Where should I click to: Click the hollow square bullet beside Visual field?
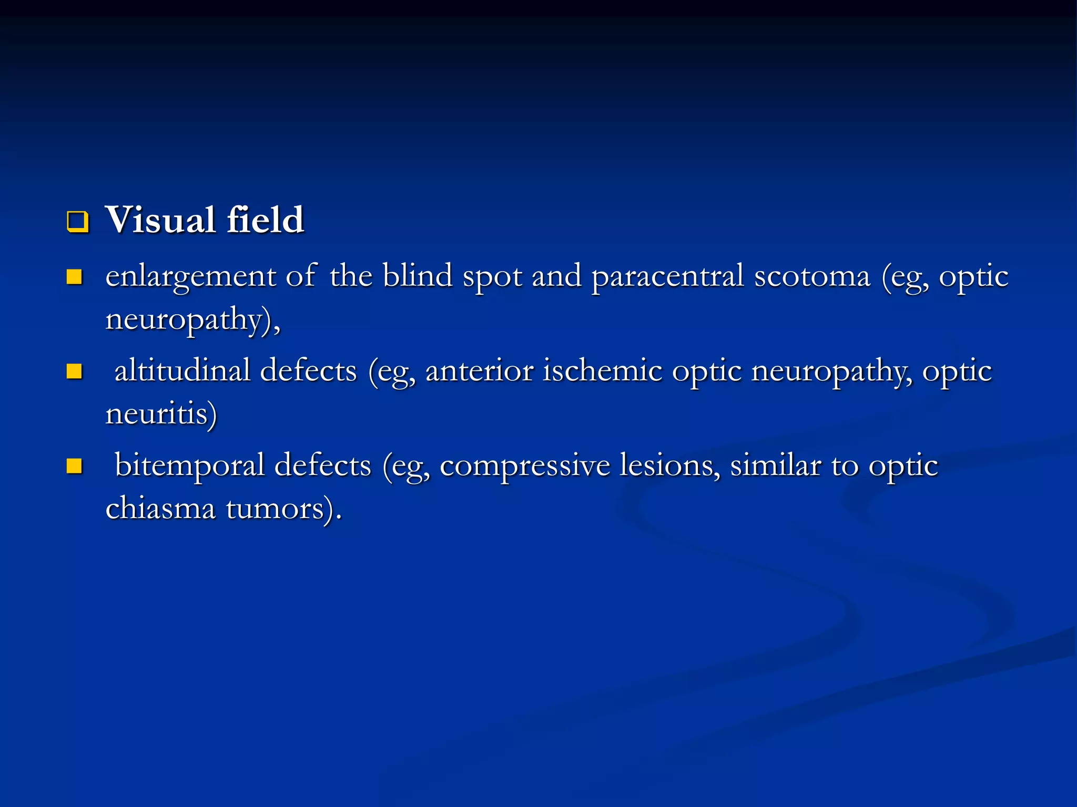coord(77,222)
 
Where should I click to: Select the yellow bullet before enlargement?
coord(75,277)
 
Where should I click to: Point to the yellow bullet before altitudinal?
coord(75,371)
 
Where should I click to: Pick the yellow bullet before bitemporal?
coord(75,466)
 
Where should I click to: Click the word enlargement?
coord(190,277)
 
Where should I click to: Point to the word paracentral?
coord(667,277)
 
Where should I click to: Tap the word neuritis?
coord(161,413)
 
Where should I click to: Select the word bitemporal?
coord(190,466)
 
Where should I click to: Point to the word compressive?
coord(524,466)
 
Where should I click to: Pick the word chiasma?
coord(160,508)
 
